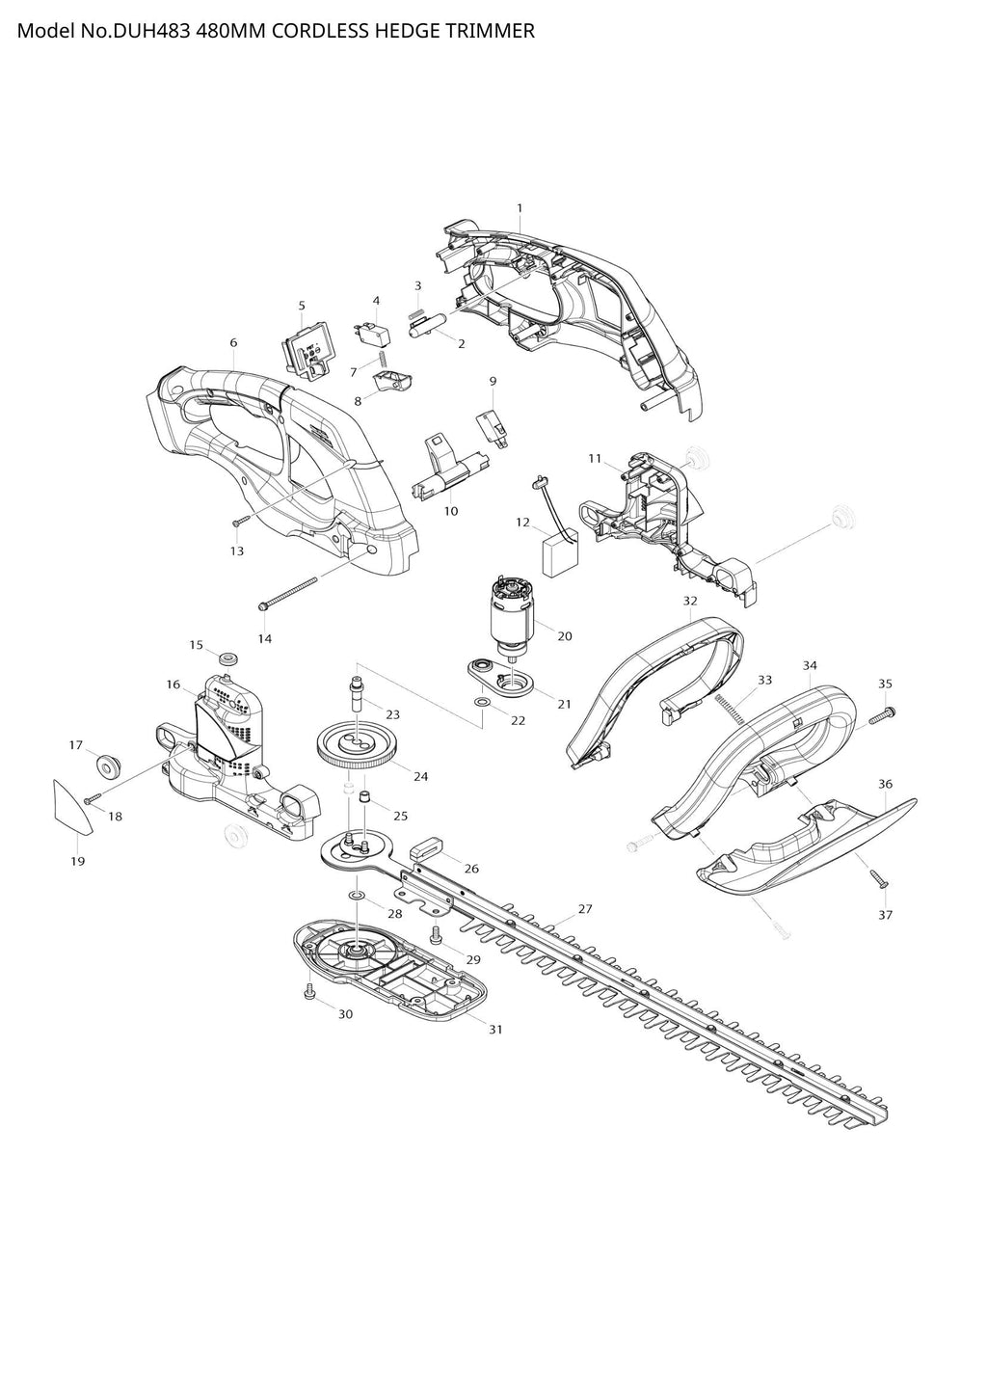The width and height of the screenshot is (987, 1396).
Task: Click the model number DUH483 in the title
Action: click(x=150, y=31)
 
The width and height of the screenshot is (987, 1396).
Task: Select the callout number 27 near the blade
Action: click(x=584, y=908)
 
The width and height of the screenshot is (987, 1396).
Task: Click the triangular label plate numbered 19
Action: click(x=69, y=808)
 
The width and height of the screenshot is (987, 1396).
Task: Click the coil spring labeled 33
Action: click(x=730, y=710)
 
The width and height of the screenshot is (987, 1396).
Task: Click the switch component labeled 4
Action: click(x=372, y=333)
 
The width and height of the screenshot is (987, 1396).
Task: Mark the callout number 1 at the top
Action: click(x=520, y=208)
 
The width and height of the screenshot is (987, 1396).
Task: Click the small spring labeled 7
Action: click(x=384, y=359)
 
